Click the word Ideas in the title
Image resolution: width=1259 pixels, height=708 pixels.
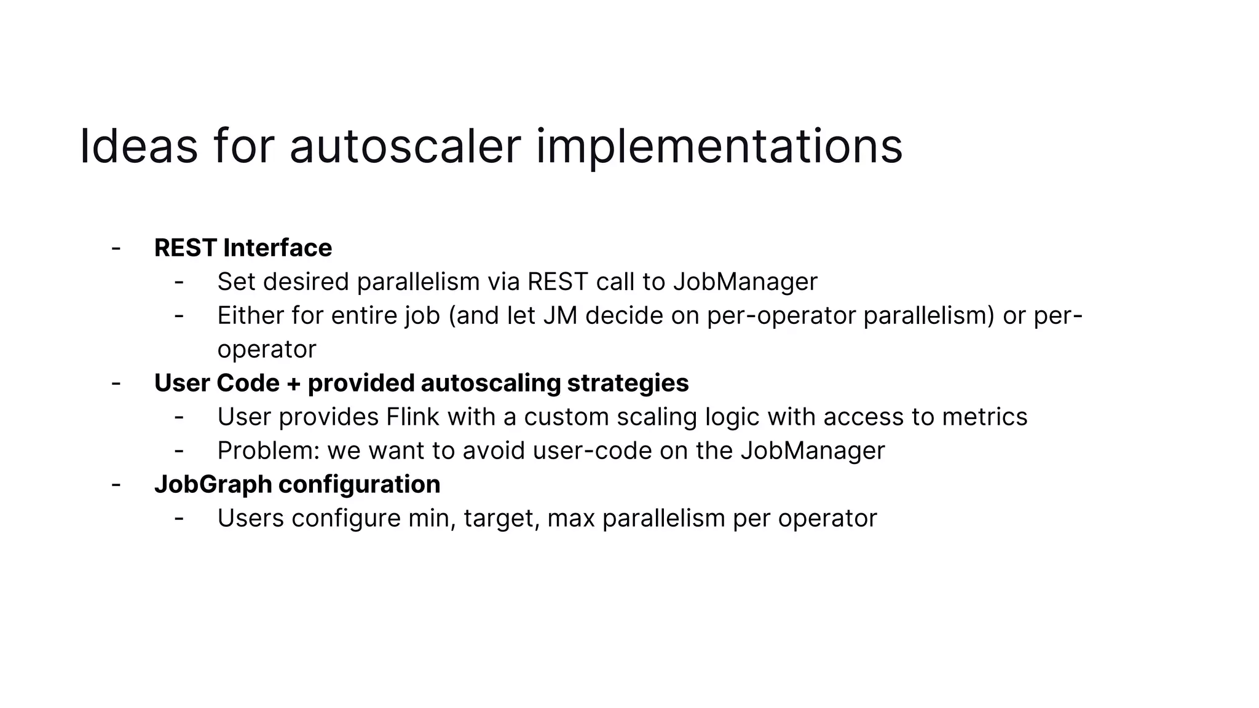click(138, 146)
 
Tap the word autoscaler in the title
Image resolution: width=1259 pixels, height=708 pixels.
click(405, 146)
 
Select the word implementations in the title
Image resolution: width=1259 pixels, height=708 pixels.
click(719, 146)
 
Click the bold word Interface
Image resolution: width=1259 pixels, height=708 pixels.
click(277, 248)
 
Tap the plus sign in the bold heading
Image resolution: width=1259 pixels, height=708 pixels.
click(293, 383)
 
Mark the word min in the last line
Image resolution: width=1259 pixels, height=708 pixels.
click(432, 518)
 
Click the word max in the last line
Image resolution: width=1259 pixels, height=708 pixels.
click(570, 518)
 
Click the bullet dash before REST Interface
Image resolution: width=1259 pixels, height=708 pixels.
click(116, 248)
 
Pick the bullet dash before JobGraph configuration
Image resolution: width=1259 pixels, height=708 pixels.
click(116, 485)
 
